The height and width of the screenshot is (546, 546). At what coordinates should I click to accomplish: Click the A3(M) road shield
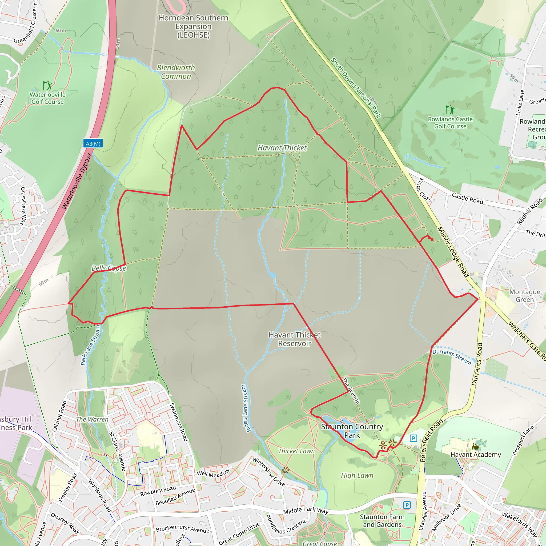pyautogui.click(x=93, y=144)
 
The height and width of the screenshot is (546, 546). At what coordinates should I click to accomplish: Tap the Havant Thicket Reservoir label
pyautogui.click(x=295, y=339)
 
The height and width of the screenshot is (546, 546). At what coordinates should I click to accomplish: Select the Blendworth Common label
pyautogui.click(x=176, y=72)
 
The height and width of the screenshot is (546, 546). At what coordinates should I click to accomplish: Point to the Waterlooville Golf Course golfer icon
pyautogui.click(x=47, y=85)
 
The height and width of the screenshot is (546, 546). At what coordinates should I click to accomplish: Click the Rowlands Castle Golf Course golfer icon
pyautogui.click(x=450, y=110)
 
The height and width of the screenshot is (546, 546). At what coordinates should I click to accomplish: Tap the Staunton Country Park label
pyautogui.click(x=352, y=431)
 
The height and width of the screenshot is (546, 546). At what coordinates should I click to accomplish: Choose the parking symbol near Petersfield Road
pyautogui.click(x=413, y=438)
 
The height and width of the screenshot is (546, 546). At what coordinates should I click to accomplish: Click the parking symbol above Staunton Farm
pyautogui.click(x=407, y=505)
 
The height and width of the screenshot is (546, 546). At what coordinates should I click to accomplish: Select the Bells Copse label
pyautogui.click(x=109, y=268)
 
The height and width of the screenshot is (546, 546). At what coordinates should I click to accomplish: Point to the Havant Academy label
pyautogui.click(x=476, y=455)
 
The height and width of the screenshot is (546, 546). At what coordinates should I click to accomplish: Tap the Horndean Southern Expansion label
pyautogui.click(x=193, y=26)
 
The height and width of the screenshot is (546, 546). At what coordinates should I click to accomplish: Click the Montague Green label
pyautogui.click(x=525, y=296)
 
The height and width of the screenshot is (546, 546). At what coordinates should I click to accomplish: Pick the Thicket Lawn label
pyautogui.click(x=296, y=451)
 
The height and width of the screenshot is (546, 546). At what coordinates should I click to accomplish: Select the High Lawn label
pyautogui.click(x=357, y=475)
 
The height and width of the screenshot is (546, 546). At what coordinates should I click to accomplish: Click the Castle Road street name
pyautogui.click(x=467, y=198)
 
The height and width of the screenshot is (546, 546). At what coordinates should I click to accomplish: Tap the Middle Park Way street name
pyautogui.click(x=306, y=510)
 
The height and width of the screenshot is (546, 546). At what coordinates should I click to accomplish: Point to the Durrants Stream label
pyautogui.click(x=452, y=357)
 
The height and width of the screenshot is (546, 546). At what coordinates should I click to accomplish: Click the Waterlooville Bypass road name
pyautogui.click(x=77, y=181)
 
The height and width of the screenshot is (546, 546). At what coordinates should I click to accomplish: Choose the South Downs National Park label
pyautogui.click(x=356, y=88)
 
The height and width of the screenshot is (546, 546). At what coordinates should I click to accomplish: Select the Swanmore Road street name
pyautogui.click(x=179, y=422)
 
